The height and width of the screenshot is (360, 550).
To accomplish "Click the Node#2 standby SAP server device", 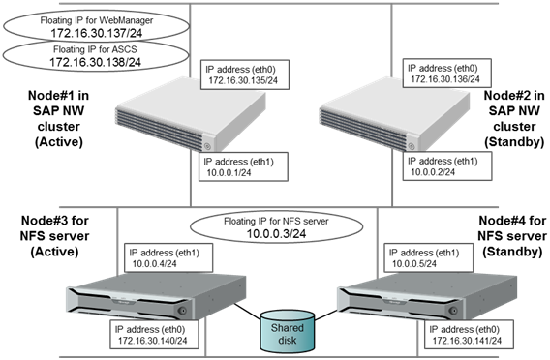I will (364, 114).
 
